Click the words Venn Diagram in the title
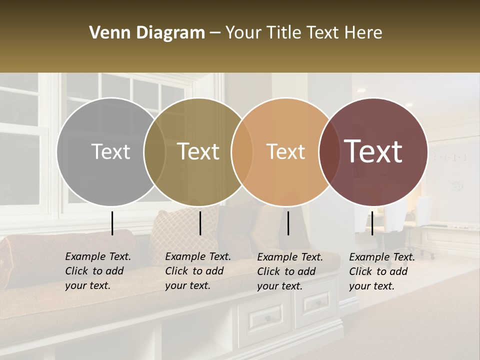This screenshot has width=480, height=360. (x=147, y=33)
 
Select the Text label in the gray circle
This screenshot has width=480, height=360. (x=110, y=151)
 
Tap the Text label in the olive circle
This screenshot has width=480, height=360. (x=198, y=151)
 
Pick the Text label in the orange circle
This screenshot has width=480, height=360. (x=285, y=151)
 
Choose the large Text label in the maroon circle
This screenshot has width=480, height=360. (x=373, y=151)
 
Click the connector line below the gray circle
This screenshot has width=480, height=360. (x=112, y=223)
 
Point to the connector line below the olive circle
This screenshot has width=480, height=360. (x=200, y=223)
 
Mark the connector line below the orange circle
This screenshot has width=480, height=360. (x=288, y=223)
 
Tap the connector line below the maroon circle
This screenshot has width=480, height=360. (x=372, y=223)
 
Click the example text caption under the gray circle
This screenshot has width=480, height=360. (x=97, y=271)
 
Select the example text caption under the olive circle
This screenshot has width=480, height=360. (x=197, y=271)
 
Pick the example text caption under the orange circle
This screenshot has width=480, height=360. (x=289, y=271)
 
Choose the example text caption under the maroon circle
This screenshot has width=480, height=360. (x=381, y=271)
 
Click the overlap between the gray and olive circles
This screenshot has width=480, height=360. (x=155, y=151)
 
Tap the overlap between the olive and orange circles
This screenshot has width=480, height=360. (x=242, y=151)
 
